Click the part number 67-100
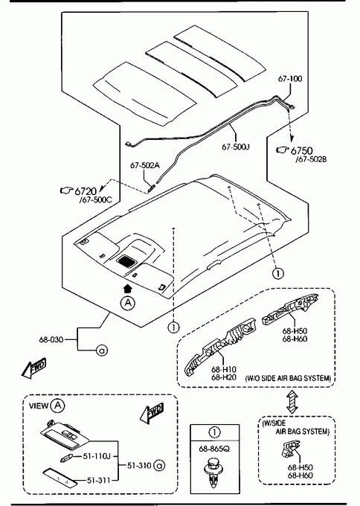click(x=290, y=79)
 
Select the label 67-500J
click(x=236, y=147)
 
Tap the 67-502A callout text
click(x=145, y=165)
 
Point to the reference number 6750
click(x=302, y=151)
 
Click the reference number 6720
click(x=86, y=191)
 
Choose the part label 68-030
click(x=51, y=339)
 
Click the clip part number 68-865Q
click(x=214, y=449)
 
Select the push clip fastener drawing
click(x=213, y=475)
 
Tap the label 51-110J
click(x=97, y=456)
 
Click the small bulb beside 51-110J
click(x=66, y=458)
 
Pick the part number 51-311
click(x=99, y=481)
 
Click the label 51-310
click(x=139, y=465)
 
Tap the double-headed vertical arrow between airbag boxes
click(x=292, y=401)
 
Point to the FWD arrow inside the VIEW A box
click(x=152, y=413)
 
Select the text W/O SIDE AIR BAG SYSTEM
click(x=289, y=378)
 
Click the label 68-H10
click(x=224, y=369)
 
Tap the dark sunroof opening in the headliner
click(x=126, y=260)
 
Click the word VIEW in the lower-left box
click(x=39, y=406)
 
